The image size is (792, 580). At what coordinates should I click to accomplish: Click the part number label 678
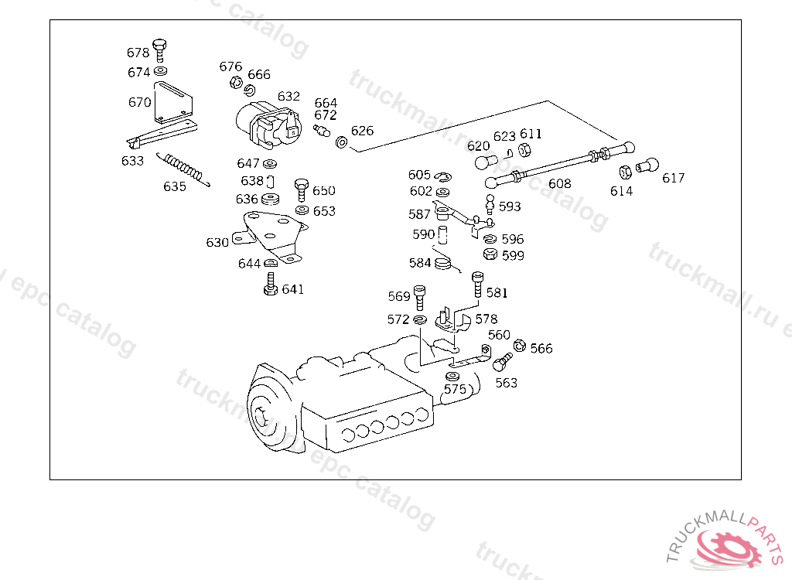(x=138, y=53)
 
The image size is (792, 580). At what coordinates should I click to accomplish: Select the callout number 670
(x=139, y=102)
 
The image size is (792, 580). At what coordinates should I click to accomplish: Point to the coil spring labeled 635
(x=183, y=169)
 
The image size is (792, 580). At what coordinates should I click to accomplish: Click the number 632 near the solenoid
(x=288, y=96)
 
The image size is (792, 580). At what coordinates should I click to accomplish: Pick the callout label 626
(x=362, y=130)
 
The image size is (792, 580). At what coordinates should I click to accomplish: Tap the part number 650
(x=324, y=190)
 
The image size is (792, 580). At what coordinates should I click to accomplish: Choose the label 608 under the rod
(x=559, y=183)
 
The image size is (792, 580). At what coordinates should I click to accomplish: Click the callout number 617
(x=673, y=178)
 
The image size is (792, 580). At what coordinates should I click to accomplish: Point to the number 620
(x=478, y=145)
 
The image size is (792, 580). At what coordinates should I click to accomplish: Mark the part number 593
(x=510, y=206)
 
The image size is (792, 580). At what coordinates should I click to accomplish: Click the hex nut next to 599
(x=489, y=254)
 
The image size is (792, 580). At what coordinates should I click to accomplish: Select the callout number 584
(x=420, y=263)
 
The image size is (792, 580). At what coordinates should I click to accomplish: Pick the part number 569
(x=399, y=296)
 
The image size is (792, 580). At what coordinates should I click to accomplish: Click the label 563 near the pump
(x=507, y=382)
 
